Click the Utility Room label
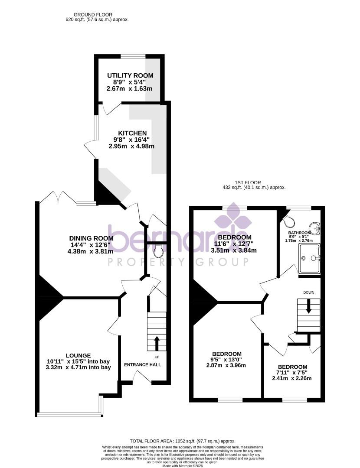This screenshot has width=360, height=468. [130, 76]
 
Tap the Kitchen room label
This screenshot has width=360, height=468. [133, 133]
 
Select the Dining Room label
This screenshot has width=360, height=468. [92, 238]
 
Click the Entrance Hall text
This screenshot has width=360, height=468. [142, 365]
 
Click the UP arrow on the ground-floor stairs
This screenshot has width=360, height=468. [157, 343]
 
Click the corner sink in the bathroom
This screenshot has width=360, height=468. [315, 228]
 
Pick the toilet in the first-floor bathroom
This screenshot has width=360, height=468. [288, 222]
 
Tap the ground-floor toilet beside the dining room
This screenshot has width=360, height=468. [158, 250]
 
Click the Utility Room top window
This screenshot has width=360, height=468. [133, 56]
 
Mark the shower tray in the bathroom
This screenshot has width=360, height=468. [309, 259]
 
